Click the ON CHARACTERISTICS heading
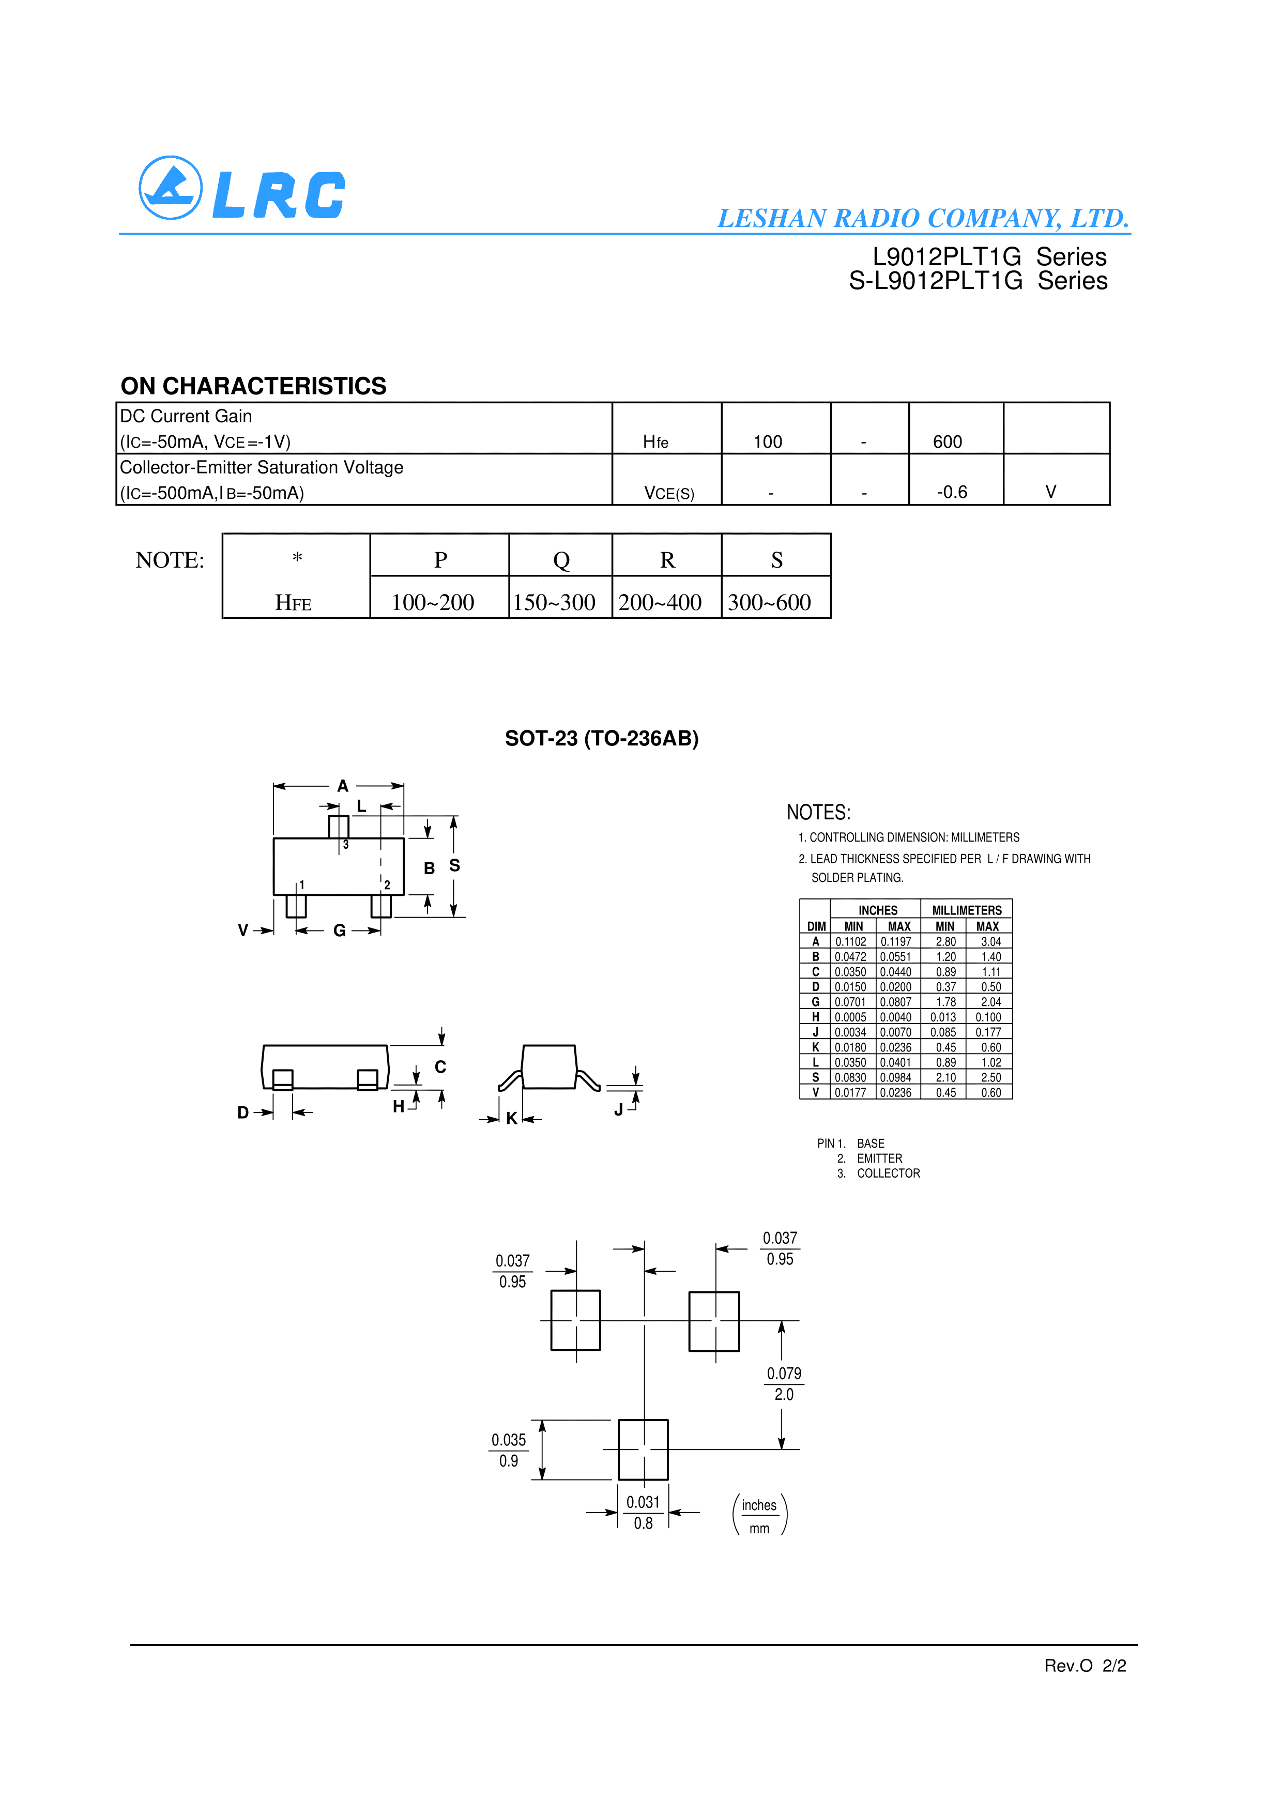pyautogui.click(x=253, y=386)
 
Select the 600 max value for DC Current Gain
pyautogui.click(x=947, y=441)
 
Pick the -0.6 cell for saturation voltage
pyautogui.click(x=952, y=492)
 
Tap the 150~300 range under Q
pyautogui.click(x=554, y=603)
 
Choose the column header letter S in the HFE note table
pyautogui.click(x=776, y=560)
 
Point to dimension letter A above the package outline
pyautogui.click(x=342, y=786)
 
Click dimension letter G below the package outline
pyautogui.click(x=340, y=931)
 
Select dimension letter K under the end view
pyautogui.click(x=511, y=1118)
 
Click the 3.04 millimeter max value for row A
pyautogui.click(x=990, y=942)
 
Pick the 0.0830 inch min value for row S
pyautogui.click(x=851, y=1078)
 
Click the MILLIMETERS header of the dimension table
pyautogui.click(x=966, y=910)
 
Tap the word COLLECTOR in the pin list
pyautogui.click(x=888, y=1173)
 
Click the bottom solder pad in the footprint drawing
pyautogui.click(x=643, y=1450)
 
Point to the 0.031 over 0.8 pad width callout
pyautogui.click(x=643, y=1512)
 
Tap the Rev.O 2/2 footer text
pyautogui.click(x=1085, y=1666)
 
